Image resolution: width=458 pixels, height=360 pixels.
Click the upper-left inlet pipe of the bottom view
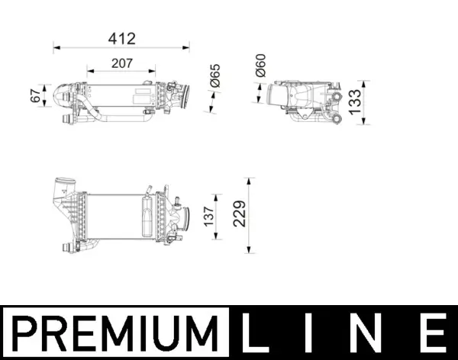pyautogui.click(x=63, y=187)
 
